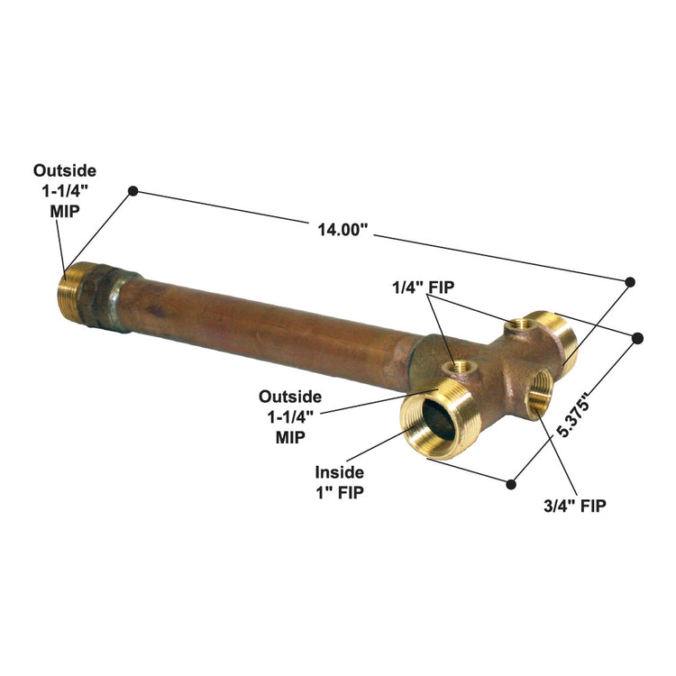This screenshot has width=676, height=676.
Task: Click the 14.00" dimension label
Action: click(343, 229)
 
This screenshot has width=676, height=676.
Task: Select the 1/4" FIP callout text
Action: click(423, 288)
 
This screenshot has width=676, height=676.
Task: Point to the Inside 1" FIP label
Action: click(340, 482)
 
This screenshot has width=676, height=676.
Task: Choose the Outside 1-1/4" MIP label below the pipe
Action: click(289, 416)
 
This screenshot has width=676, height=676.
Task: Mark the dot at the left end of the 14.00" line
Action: click(132, 191)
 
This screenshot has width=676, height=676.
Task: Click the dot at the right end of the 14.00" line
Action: click(629, 282)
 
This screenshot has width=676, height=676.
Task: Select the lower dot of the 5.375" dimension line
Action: click(512, 483)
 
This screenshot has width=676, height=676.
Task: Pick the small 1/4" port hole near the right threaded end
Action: click(519, 324)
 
